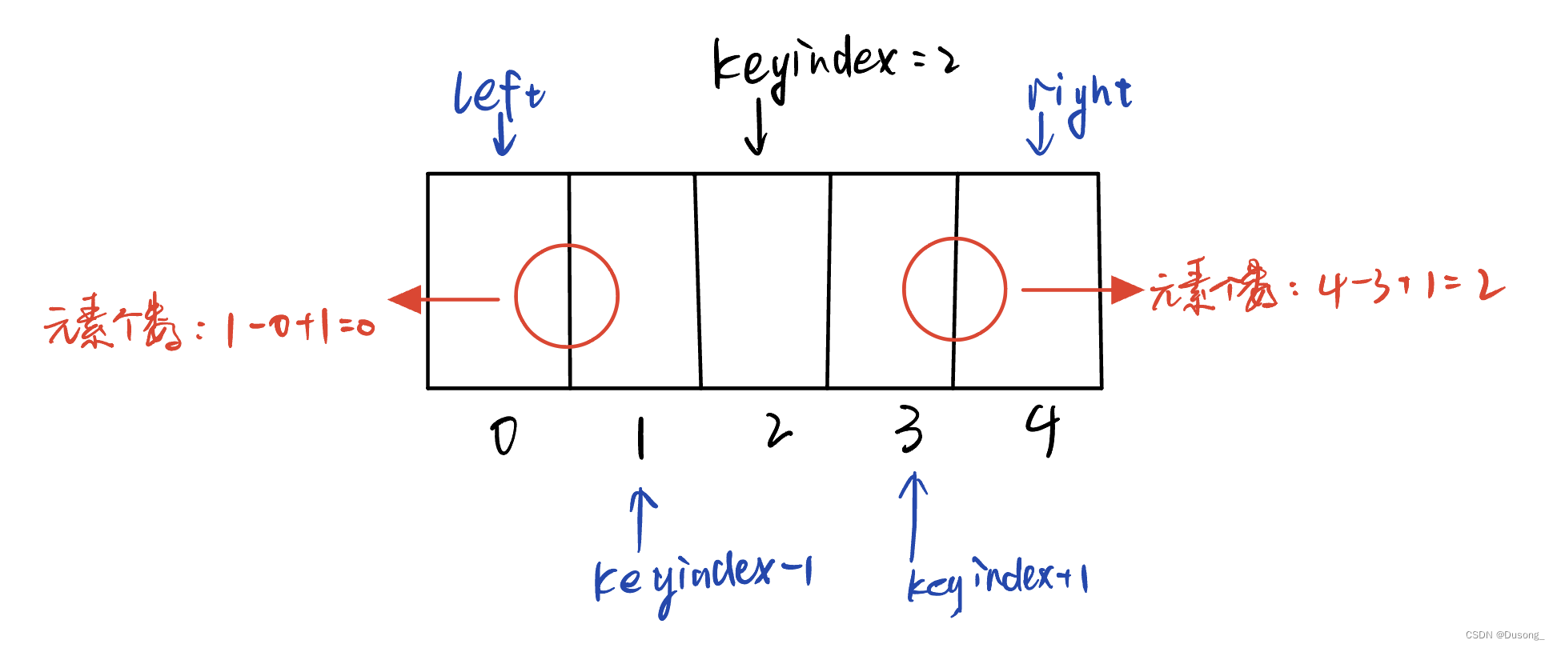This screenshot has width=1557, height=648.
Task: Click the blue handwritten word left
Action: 499,93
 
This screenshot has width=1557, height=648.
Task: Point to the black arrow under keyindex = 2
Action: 756,128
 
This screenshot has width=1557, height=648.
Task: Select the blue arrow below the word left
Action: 504,134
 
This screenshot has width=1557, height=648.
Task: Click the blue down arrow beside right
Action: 1040,134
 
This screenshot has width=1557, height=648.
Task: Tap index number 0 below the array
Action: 504,437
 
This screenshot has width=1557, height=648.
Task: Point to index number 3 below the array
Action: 909,430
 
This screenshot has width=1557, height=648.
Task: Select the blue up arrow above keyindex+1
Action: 913,516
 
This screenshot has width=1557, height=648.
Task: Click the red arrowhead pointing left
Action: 405,299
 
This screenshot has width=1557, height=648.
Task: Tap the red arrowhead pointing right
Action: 1126,290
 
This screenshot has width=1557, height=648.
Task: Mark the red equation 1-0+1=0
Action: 299,327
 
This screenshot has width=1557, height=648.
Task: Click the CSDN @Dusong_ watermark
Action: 1504,635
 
